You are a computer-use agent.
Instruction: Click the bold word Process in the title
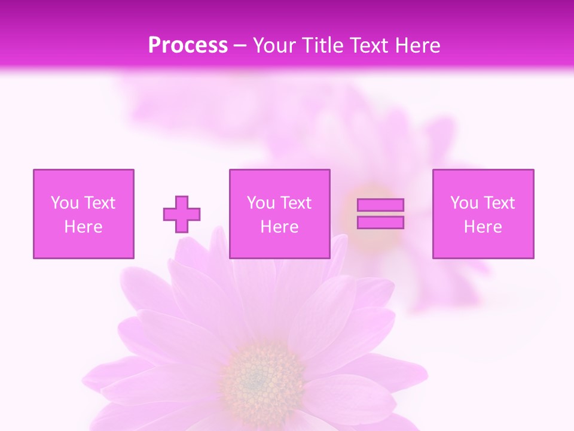tap(188, 45)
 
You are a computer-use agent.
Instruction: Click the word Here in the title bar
tap(419, 45)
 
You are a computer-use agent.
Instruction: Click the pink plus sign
tap(182, 214)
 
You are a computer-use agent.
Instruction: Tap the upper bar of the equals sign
tap(380, 205)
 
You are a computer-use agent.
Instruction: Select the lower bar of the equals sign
tap(380, 223)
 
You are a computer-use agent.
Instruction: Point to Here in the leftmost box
tap(83, 227)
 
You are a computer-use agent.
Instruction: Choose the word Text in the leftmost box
tap(99, 203)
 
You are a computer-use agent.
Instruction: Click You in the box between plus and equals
tap(261, 203)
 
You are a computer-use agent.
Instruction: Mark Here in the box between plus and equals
tap(279, 227)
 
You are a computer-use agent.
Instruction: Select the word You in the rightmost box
tap(464, 203)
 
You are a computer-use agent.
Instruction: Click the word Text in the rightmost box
tap(498, 203)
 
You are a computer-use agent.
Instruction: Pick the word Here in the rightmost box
tap(483, 227)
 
